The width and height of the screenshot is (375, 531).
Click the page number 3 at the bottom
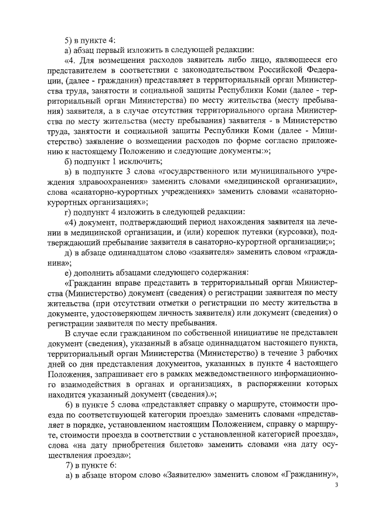point(336,485)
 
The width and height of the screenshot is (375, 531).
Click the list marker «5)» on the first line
point(69,40)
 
